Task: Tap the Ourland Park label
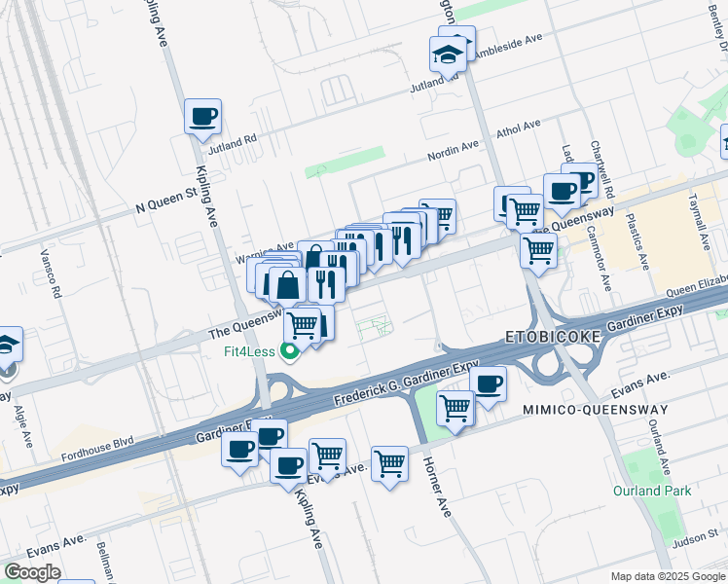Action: click(x=652, y=491)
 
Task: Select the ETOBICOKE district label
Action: click(x=554, y=337)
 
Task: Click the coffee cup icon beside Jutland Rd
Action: click(x=203, y=118)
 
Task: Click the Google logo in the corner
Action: click(x=32, y=572)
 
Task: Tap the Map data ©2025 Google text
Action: click(x=668, y=576)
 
